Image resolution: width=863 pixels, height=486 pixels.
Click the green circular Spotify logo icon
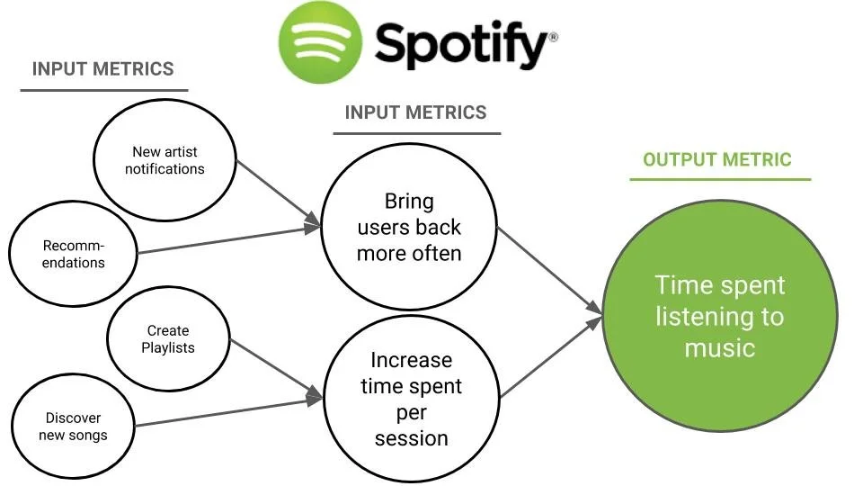[x=320, y=41]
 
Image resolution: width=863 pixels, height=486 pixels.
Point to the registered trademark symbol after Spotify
[x=553, y=38]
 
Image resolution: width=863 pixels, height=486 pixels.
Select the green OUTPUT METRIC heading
[x=716, y=160]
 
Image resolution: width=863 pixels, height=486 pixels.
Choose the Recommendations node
[x=74, y=255]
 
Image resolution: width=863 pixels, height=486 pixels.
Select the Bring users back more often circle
[x=409, y=228]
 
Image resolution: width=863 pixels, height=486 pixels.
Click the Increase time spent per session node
[x=411, y=399]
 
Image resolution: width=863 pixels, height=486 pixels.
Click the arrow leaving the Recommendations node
[x=229, y=240]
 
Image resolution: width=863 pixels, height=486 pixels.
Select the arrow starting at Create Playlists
[x=275, y=368]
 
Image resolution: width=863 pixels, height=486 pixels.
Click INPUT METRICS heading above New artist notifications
[x=102, y=69]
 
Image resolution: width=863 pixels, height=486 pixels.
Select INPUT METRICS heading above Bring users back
[x=415, y=112]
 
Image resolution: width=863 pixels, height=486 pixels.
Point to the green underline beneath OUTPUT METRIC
[x=719, y=179]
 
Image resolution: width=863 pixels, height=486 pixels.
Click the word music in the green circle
[x=719, y=347]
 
